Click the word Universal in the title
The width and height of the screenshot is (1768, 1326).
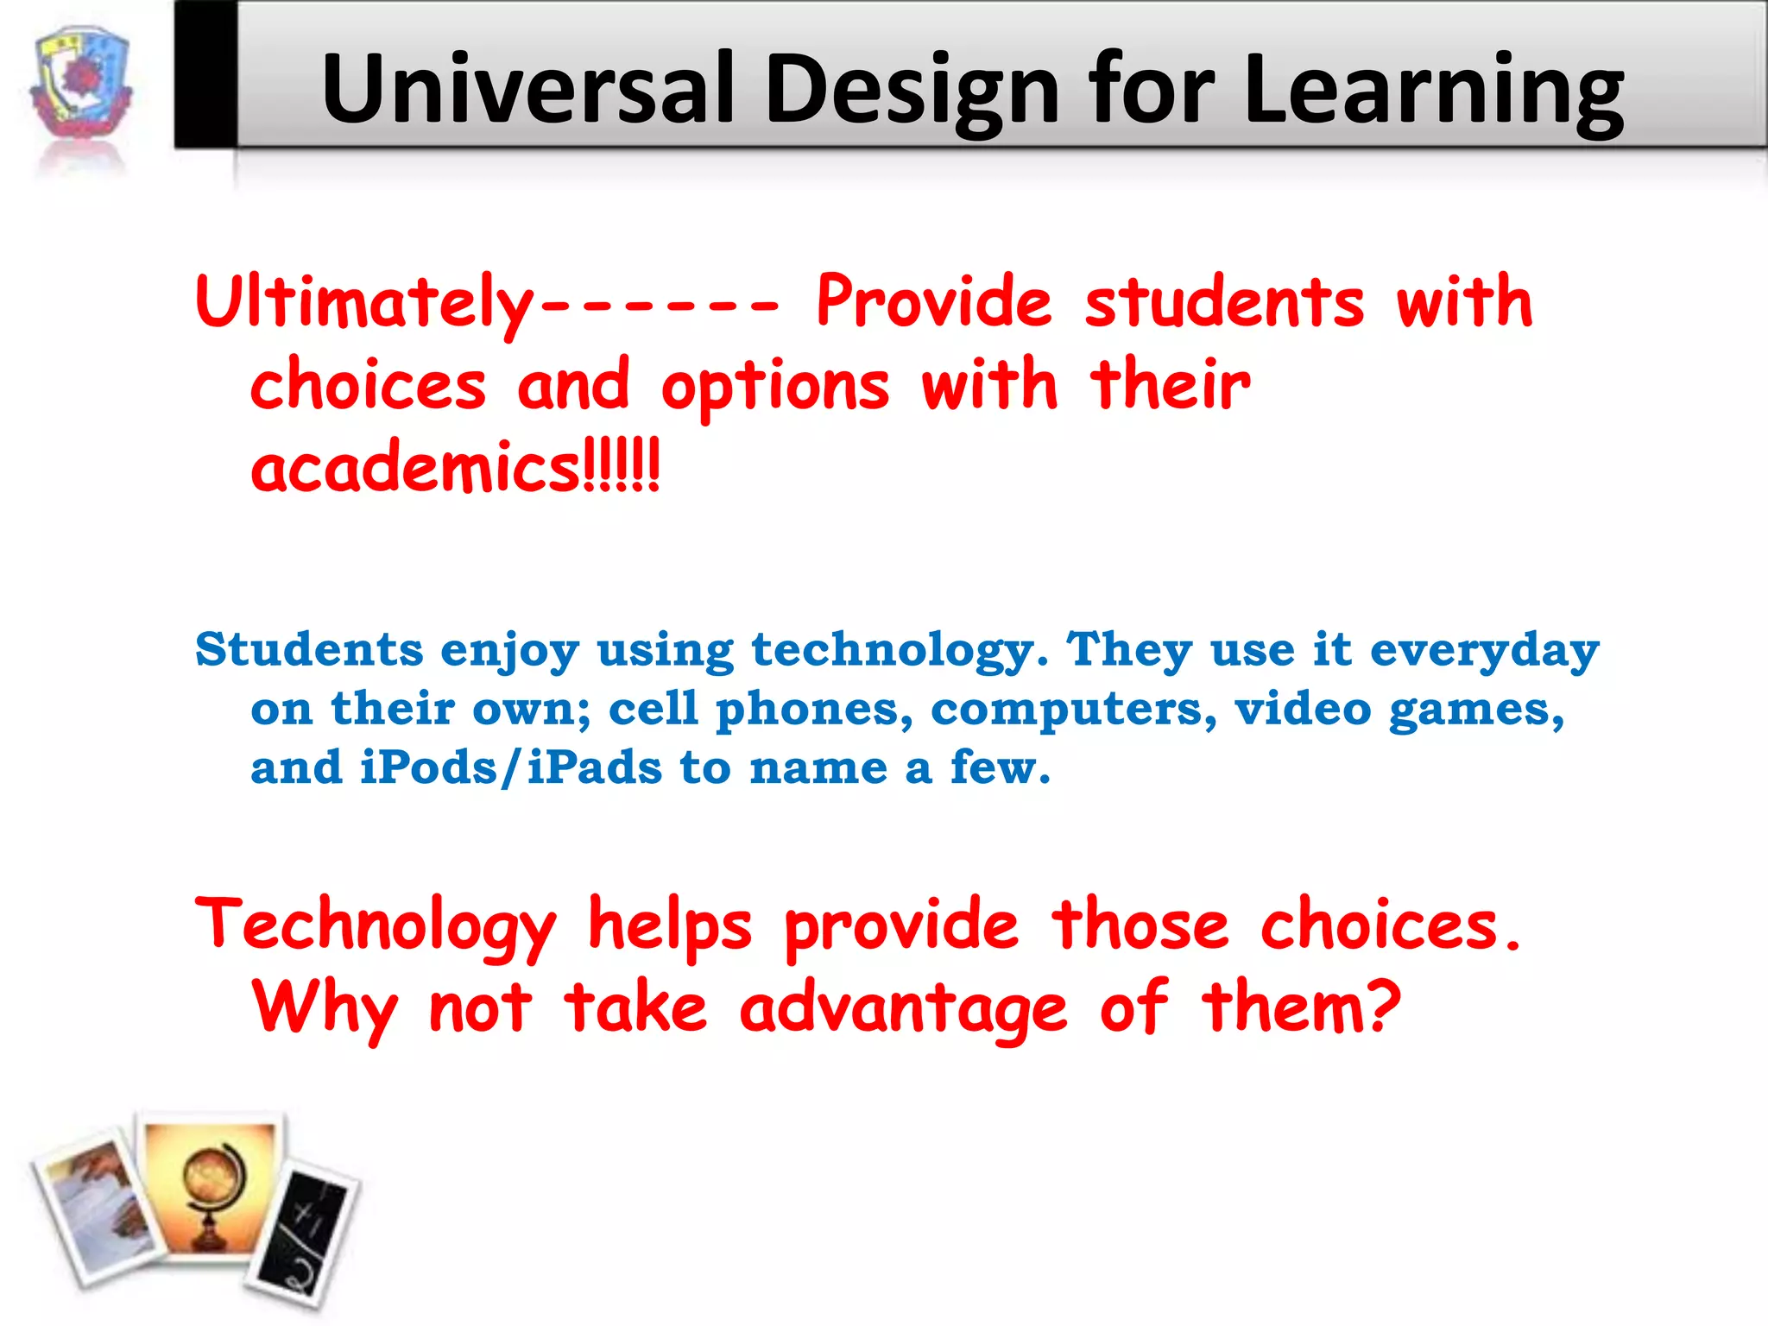[527, 89]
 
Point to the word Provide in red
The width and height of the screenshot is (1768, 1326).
[933, 301]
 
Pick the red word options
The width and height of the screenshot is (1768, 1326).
[774, 387]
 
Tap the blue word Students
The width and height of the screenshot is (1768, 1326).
[309, 649]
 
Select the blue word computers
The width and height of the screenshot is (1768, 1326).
[1073, 709]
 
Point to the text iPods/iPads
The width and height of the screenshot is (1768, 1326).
[510, 767]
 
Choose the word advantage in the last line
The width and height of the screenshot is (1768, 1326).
[903, 1008]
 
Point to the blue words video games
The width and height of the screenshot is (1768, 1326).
[1399, 710]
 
